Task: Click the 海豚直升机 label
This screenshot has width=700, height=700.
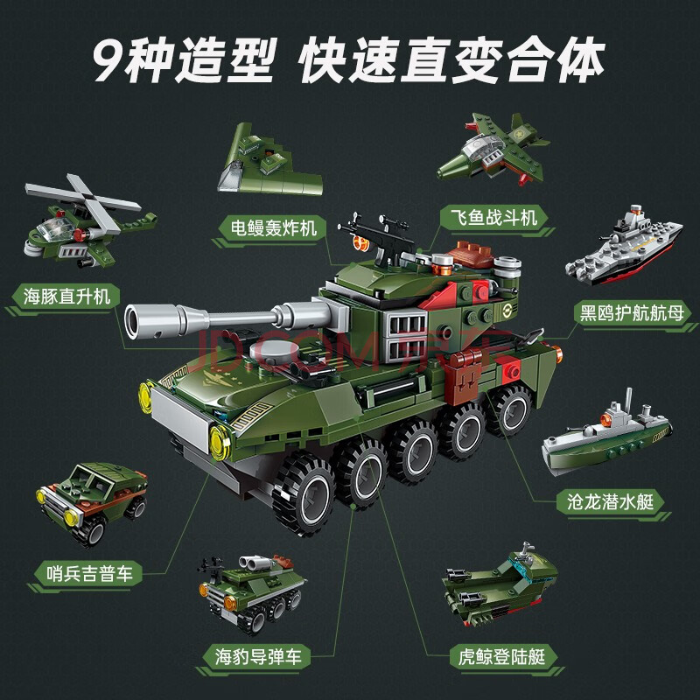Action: (x=66, y=297)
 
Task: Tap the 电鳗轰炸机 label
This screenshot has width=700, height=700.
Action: (x=273, y=228)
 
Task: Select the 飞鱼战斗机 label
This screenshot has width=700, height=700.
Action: (x=493, y=218)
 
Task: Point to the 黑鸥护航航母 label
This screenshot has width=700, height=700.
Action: (x=632, y=312)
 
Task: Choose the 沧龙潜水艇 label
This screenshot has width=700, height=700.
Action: (x=610, y=501)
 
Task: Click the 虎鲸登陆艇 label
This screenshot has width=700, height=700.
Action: (x=501, y=657)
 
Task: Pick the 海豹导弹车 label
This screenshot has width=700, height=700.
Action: (x=258, y=657)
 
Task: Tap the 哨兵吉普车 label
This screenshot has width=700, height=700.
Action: (x=90, y=573)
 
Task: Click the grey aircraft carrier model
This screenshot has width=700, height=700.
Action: (x=624, y=247)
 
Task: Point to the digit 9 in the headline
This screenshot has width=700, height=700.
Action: (x=108, y=61)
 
